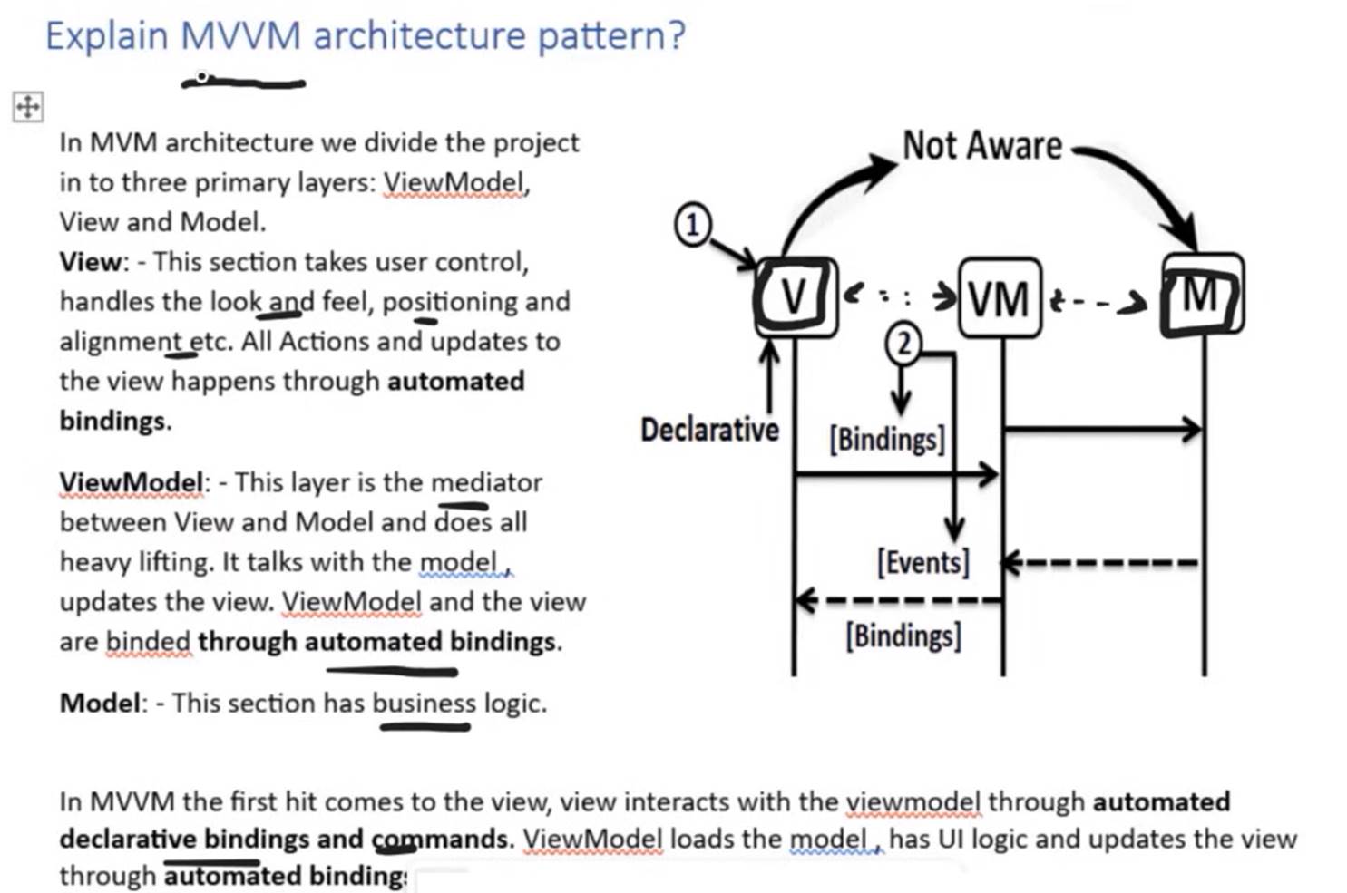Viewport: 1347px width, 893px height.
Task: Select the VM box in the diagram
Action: (1000, 297)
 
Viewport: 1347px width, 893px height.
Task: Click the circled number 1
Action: (693, 225)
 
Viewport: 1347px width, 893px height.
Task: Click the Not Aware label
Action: (982, 145)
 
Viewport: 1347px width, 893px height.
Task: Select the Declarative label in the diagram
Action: (709, 431)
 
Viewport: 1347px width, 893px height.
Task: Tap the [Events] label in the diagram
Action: (923, 563)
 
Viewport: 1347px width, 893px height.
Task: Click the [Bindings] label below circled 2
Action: (888, 440)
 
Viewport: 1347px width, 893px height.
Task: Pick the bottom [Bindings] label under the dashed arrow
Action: (903, 636)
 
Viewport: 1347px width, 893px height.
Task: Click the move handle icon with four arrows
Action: (27, 107)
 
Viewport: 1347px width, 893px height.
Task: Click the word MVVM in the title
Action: (240, 35)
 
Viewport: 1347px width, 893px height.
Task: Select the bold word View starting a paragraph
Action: (90, 262)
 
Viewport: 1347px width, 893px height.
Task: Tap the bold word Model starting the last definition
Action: (100, 704)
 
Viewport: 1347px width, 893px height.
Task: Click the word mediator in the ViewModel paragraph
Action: (486, 482)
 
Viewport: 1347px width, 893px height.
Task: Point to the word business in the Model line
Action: (424, 704)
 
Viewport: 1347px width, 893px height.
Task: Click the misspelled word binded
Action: (148, 641)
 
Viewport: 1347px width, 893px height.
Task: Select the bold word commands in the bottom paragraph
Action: (440, 839)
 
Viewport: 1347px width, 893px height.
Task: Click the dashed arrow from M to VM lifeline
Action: (1100, 563)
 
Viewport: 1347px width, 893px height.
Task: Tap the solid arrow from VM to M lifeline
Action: (1103, 429)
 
